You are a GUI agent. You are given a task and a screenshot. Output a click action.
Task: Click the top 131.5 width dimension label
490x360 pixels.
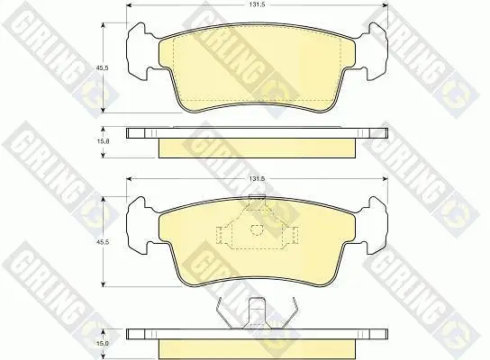pyautogui.click(x=258, y=5)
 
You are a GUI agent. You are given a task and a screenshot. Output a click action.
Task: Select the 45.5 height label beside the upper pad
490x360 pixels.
pyautogui.click(x=103, y=67)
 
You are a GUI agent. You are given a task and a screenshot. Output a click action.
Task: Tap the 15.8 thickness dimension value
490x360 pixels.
pyautogui.click(x=103, y=141)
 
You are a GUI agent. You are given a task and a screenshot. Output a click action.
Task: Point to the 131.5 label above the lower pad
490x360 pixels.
pyautogui.click(x=258, y=179)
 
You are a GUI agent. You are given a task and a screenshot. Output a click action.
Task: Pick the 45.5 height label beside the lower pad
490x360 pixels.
pyautogui.click(x=103, y=242)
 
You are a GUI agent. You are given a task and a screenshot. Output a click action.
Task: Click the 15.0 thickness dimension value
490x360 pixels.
pyautogui.click(x=103, y=343)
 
